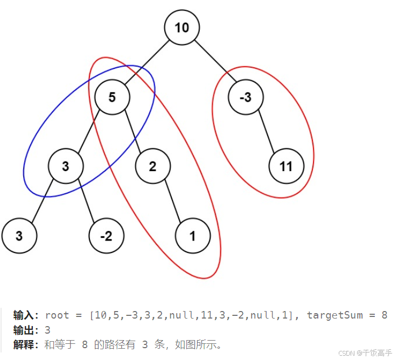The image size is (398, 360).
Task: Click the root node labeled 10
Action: pos(182,27)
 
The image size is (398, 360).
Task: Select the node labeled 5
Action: pos(112,97)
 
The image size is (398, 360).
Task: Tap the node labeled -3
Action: pos(246,97)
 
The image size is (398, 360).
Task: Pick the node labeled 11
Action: pos(286,166)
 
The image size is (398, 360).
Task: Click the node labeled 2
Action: pos(152,166)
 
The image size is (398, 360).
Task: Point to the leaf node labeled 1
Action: pos(192,235)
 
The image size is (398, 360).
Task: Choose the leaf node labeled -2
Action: pos(106,235)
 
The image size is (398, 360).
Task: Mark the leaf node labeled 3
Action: pos(19,235)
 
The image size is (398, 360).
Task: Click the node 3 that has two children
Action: pos(66,166)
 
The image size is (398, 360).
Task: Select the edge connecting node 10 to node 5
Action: pos(147,62)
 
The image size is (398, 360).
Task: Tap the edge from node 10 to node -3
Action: pos(214,62)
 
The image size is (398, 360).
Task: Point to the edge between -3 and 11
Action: pos(266,131)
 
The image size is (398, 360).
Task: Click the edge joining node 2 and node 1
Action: pos(172,200)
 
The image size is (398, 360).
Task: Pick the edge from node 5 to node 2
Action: pos(132,132)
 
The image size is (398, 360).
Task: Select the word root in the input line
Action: pos(57,315)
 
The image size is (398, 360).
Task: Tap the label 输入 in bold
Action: pos(23,315)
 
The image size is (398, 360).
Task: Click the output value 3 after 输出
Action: pos(48,330)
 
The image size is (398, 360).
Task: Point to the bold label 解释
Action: pos(23,344)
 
